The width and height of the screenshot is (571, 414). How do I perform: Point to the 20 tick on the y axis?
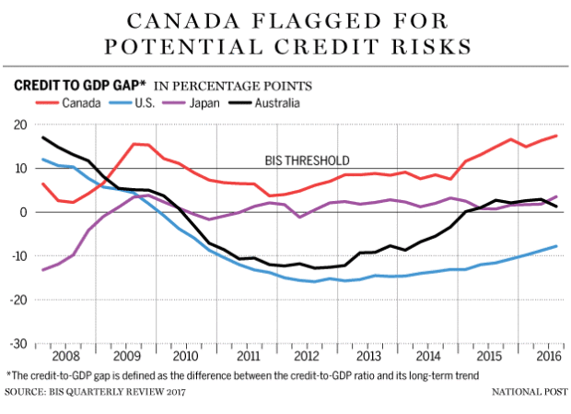[x=19, y=124]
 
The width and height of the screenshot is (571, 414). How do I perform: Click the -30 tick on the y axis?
[x=18, y=343]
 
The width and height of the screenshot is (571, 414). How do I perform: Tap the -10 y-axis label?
[x=18, y=255]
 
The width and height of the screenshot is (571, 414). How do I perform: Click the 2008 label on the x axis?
[x=66, y=355]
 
